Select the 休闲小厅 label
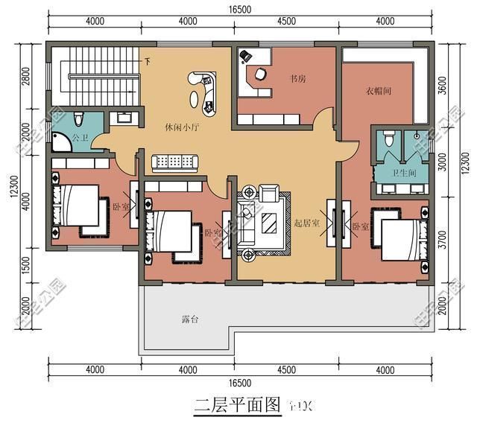[x=181, y=127]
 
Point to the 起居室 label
[x=306, y=223]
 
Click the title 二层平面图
[x=237, y=406]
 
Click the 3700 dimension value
[x=444, y=240]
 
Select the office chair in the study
[x=259, y=74]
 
